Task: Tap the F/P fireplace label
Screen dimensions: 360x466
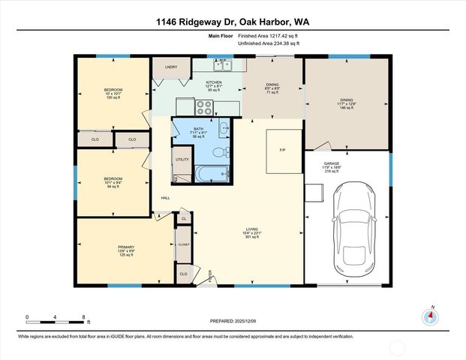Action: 283,151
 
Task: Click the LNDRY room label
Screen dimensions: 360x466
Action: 171,67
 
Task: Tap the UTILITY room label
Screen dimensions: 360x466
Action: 182,160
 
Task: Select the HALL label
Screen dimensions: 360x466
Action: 165,198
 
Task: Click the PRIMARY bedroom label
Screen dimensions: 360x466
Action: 125,247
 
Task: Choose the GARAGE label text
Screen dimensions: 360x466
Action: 332,163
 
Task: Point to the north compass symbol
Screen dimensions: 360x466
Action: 431,316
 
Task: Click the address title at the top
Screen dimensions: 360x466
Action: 233,22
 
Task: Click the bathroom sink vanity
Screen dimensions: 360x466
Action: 224,129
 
